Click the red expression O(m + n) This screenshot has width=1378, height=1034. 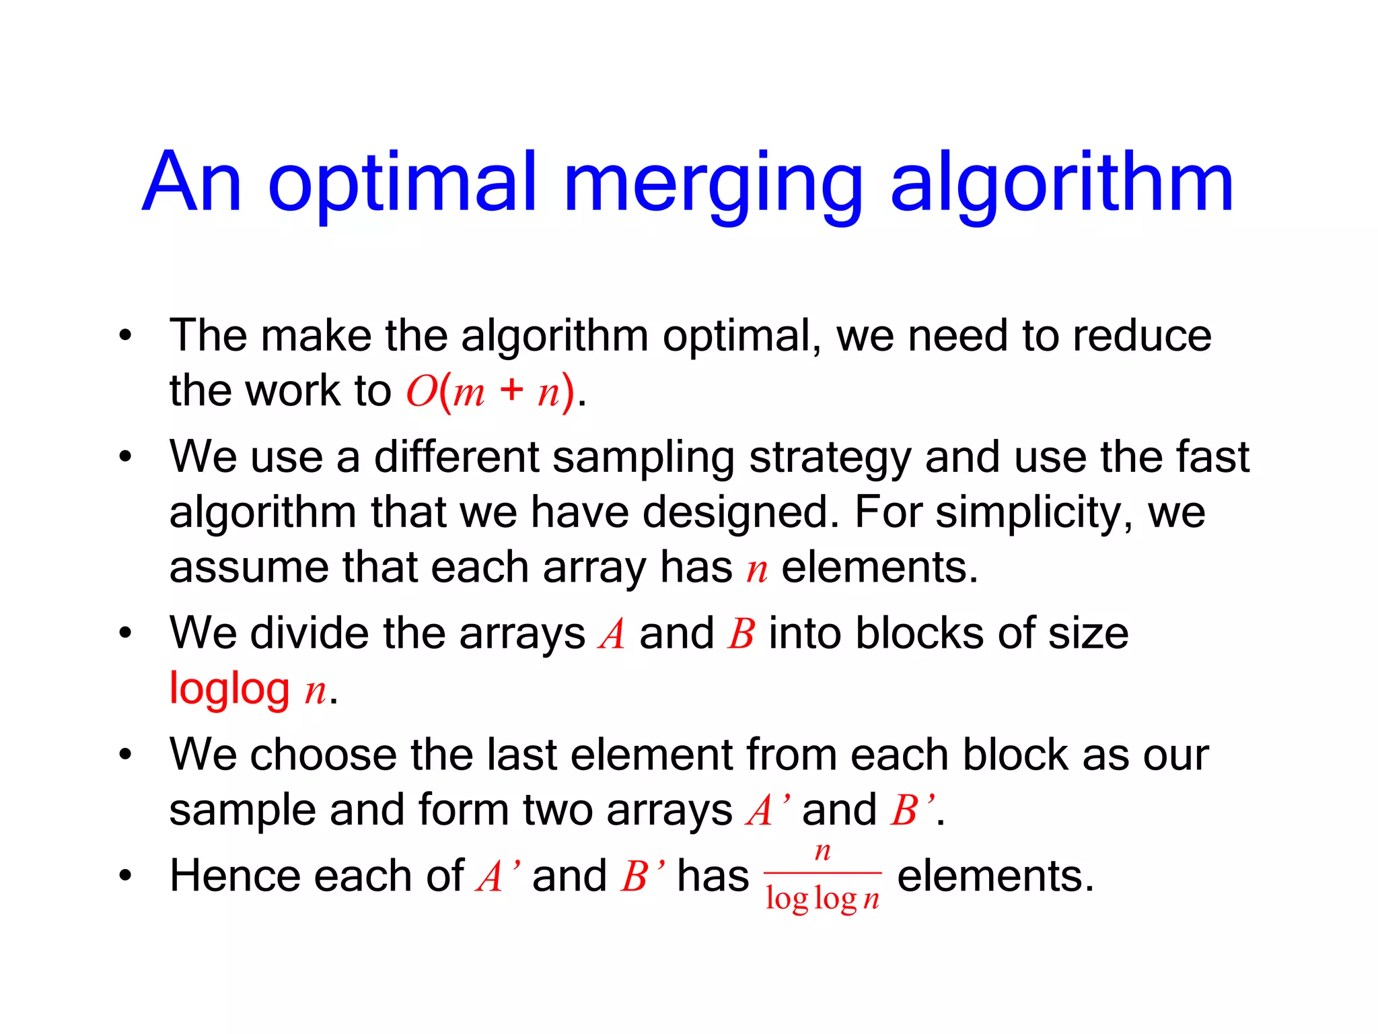pyautogui.click(x=491, y=391)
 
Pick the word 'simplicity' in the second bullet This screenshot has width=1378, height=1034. pyautogui.click(x=1027, y=513)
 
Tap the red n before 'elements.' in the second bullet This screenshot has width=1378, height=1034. pyautogui.click(x=757, y=570)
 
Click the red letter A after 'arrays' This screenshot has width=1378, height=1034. pyautogui.click(x=612, y=634)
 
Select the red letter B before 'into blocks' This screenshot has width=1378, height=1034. pyautogui.click(x=741, y=634)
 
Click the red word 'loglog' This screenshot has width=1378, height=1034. pyautogui.click(x=229, y=689)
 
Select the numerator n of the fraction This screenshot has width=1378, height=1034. pyautogui.click(x=822, y=852)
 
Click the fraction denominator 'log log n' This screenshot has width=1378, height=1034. pyautogui.click(x=822, y=899)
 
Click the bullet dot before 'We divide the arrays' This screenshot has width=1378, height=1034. pyautogui.click(x=124, y=634)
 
